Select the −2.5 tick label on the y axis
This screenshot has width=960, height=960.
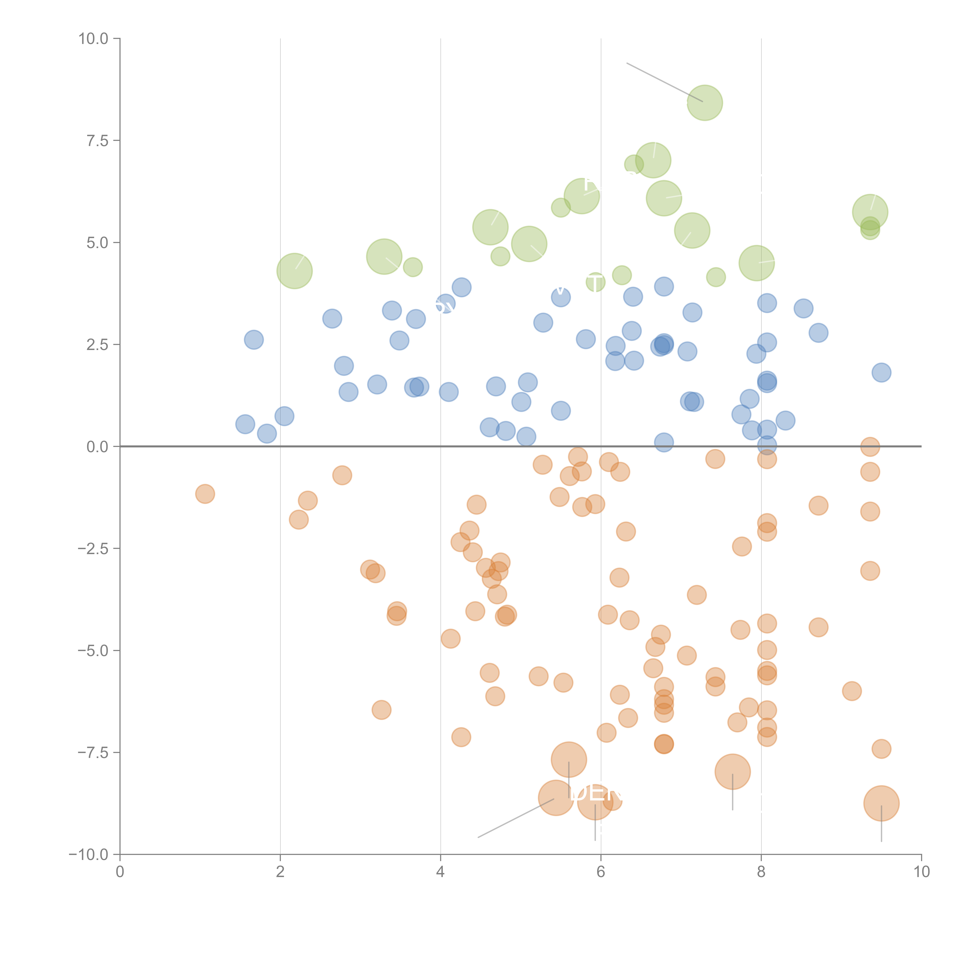pos(93,549)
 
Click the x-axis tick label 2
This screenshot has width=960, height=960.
pos(280,871)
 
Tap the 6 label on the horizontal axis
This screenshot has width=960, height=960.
pos(601,871)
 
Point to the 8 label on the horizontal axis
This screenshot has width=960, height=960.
pos(761,871)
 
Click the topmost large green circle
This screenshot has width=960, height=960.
pos(705,103)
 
